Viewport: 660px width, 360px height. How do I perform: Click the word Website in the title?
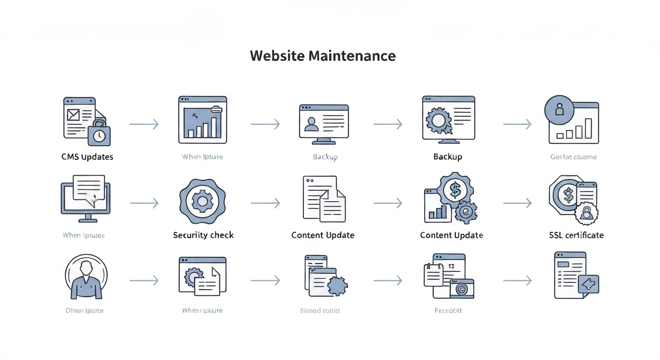coord(277,56)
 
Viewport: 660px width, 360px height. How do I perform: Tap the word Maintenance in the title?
coord(352,56)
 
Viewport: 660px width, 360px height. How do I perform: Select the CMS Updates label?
coord(87,157)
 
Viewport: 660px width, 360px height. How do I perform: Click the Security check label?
coord(203,235)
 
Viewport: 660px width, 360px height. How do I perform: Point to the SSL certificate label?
coord(576,235)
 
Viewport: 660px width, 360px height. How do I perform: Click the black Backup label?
coord(448,157)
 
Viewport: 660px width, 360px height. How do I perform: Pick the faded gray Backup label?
coord(325,157)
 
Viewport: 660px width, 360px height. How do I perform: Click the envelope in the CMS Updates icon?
coord(74,114)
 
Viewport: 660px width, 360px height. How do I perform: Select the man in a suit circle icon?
coord(86,277)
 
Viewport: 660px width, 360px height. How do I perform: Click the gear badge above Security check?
coord(202,202)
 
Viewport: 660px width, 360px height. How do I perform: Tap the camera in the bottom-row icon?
coord(462,289)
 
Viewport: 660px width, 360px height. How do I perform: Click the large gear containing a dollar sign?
coord(455,189)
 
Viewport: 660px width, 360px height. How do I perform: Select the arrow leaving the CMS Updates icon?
coord(144,124)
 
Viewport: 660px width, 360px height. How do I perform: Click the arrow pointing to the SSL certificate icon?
coord(517,203)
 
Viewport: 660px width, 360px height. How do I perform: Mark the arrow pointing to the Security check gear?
coord(144,203)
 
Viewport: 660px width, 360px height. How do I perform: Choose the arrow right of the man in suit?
coord(144,280)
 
